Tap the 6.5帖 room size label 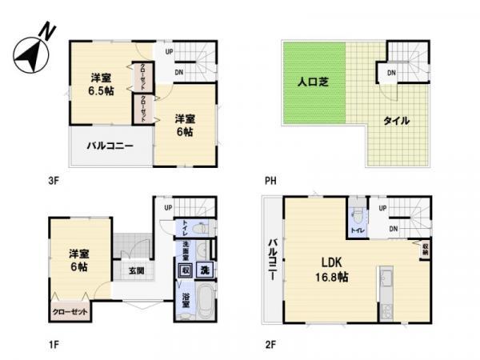(100, 90)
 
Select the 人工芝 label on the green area (313, 81)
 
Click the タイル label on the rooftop (396, 121)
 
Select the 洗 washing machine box (205, 270)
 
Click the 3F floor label (54, 181)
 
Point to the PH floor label (272, 181)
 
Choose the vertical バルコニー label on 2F (272, 264)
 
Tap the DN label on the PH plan (391, 74)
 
